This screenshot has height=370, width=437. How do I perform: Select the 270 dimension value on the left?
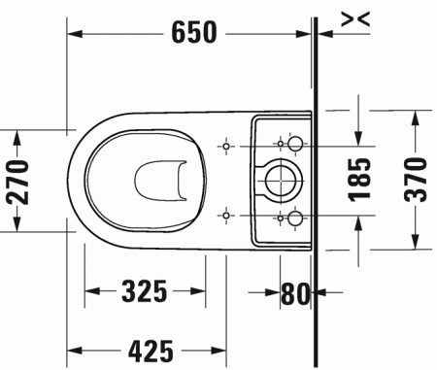click(20, 180)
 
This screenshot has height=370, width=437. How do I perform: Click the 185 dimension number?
click(360, 180)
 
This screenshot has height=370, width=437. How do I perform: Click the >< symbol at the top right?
click(356, 16)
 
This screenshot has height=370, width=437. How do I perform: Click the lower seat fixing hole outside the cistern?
click(225, 216)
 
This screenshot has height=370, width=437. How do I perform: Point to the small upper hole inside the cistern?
click(280, 144)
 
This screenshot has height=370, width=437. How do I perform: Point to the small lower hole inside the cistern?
click(280, 216)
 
